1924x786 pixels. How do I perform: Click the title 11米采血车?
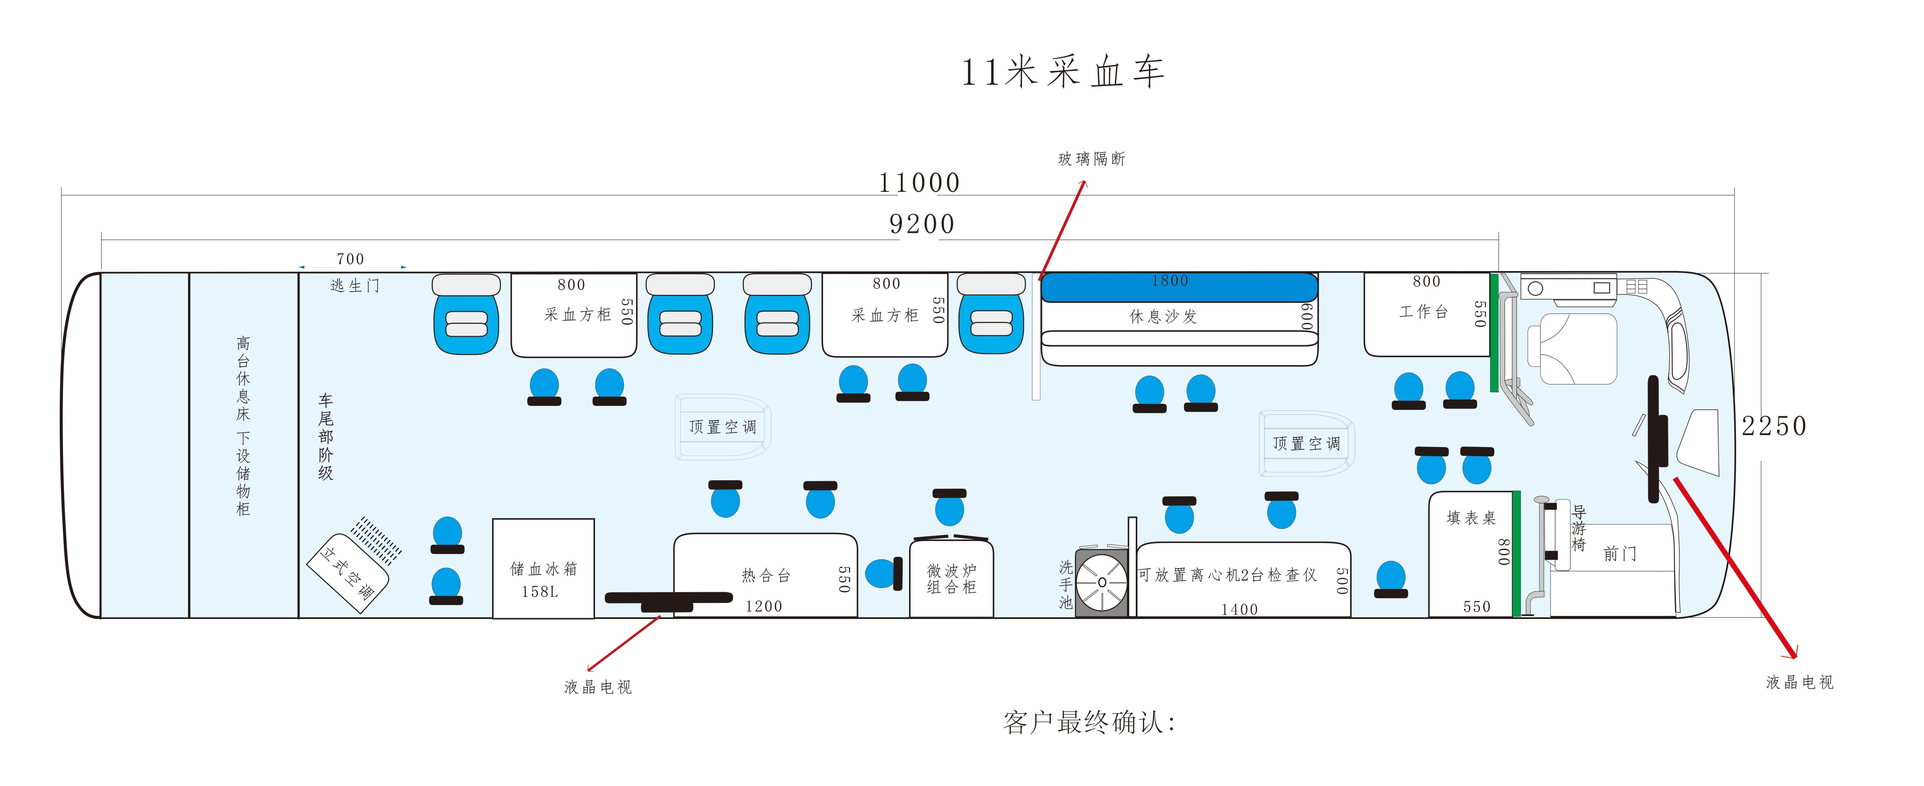point(1062,72)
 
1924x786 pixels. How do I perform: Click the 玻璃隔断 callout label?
point(1091,159)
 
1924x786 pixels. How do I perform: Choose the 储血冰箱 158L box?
point(543,569)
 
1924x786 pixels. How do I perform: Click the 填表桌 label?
point(1471,518)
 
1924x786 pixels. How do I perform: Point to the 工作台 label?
point(1424,312)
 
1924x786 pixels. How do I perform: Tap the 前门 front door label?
point(1620,554)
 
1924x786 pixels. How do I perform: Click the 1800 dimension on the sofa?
point(1170,281)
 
